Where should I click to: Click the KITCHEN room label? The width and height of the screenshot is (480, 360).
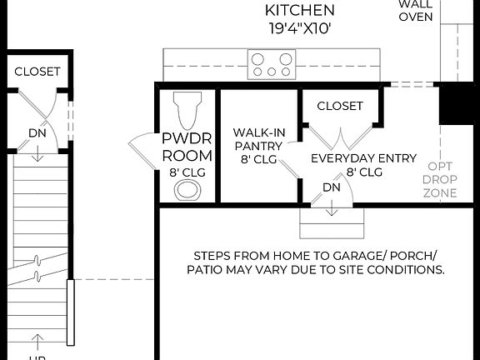(299, 11)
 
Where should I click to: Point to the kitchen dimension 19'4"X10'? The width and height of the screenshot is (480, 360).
(299, 28)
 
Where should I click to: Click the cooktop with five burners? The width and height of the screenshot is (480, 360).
(272, 64)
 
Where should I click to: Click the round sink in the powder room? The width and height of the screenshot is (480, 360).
(187, 188)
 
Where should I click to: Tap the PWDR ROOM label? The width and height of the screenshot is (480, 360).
(187, 147)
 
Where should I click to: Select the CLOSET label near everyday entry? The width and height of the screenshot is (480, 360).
(340, 106)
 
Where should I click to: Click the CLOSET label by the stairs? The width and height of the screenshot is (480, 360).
(37, 72)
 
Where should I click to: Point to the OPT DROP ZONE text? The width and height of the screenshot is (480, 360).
(439, 179)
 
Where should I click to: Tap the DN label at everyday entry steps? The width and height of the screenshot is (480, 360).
(332, 187)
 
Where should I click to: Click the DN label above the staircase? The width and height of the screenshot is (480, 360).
(37, 132)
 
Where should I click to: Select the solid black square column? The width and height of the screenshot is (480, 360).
(458, 102)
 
